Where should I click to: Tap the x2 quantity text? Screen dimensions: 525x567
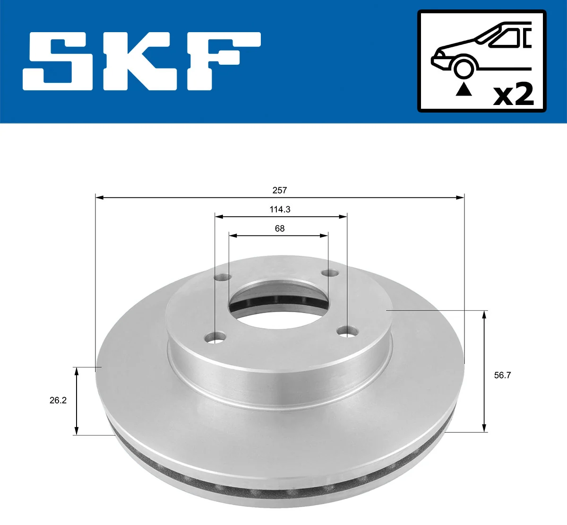coord(513,95)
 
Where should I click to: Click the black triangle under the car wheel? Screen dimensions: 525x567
coord(464,89)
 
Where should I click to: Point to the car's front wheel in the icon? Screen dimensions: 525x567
coord(464,67)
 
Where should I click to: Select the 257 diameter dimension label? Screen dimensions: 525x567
coord(280,190)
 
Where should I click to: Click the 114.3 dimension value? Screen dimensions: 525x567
coord(280,209)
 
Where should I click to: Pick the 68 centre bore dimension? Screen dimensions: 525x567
coord(280,228)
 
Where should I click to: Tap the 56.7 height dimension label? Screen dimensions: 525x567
coord(502,375)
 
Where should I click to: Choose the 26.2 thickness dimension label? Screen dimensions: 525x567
coord(58,400)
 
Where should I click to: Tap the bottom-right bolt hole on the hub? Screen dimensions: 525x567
coord(348,332)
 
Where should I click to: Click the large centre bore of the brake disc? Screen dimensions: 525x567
coord(279,303)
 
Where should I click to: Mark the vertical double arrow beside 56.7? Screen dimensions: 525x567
coord(484,371)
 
